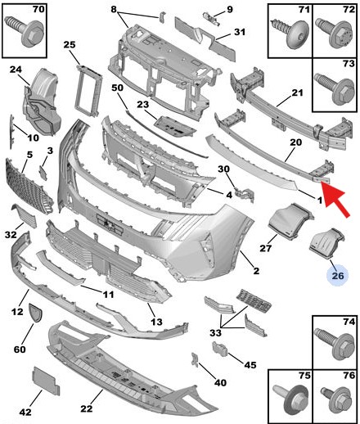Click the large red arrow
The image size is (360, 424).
(335, 199)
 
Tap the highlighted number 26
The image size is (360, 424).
(338, 276)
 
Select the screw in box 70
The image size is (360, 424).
(24, 31)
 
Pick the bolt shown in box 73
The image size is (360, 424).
(335, 88)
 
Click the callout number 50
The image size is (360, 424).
(117, 88)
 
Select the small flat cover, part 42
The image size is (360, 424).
(46, 381)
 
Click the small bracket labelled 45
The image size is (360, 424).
(220, 349)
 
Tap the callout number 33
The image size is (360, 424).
(215, 333)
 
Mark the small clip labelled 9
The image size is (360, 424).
(211, 19)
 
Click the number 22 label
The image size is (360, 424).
(87, 408)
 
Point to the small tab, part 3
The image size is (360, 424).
(43, 173)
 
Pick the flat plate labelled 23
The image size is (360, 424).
(175, 127)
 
